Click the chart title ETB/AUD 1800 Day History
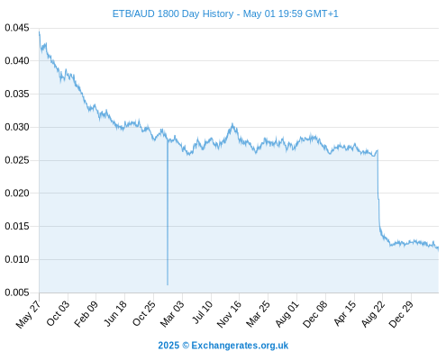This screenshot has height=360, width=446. pos(173,13)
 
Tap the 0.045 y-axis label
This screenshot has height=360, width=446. pos(17,28)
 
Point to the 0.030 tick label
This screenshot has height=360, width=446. pos(17,127)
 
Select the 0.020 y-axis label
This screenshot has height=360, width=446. pos(17,193)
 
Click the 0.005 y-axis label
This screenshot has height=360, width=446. pos(17,292)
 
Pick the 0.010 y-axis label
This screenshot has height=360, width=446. pos(17,259)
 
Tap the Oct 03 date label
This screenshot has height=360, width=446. pos(58,313)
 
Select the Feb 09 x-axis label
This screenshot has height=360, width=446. pos(86,313)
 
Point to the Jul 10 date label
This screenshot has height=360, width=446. pos(202,312)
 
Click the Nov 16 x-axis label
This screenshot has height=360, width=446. pos(229,314)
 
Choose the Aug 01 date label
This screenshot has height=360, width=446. pos(287,313)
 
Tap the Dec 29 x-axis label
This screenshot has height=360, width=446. pos(401,314)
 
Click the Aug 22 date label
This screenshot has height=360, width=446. pos(373,313)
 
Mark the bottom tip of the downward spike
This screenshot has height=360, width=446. pos(168,284)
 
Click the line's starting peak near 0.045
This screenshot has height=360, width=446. pos(40,31)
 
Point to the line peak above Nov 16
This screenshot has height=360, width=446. pos(232,124)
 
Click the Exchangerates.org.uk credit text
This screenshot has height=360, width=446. pos(240,346)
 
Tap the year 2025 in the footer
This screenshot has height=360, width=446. pos(168,346)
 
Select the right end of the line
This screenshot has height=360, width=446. pos(439,248)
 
